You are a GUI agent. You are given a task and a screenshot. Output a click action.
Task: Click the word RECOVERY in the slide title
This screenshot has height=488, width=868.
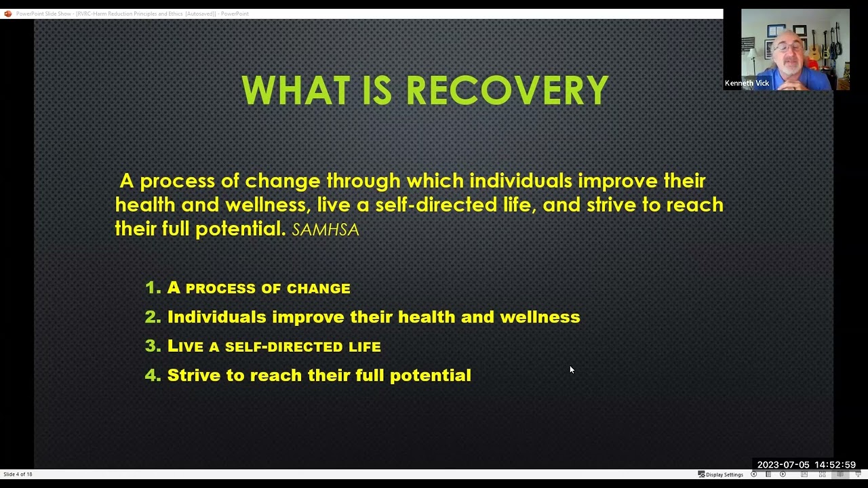pos(507,91)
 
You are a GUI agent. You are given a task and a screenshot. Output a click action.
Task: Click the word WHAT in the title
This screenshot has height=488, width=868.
pos(296,91)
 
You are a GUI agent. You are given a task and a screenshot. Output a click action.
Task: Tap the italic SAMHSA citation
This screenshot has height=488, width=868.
pos(325,230)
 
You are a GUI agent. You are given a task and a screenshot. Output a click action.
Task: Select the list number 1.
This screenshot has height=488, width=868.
pos(152,287)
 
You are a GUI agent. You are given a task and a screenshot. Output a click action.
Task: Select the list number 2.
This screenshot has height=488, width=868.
pos(152,317)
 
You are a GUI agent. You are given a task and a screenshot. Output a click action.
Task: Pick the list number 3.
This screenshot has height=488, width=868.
pos(152,346)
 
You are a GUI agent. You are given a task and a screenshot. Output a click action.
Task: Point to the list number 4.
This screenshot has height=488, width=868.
pos(152,375)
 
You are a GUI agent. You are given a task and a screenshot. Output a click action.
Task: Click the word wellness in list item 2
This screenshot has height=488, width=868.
pos(540,317)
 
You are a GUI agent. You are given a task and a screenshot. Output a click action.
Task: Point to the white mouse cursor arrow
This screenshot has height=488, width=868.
pos(572,369)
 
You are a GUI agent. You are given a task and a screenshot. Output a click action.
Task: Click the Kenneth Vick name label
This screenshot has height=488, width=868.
pos(747,83)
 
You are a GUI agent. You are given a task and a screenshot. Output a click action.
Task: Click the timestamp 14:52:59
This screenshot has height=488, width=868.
pos(835,465)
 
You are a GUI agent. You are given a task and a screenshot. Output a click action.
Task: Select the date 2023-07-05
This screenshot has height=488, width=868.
pos(783,465)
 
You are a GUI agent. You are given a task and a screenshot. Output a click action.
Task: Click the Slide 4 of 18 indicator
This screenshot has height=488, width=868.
pos(18,474)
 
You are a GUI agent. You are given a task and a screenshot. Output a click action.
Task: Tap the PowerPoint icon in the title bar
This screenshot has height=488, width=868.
pos(7,14)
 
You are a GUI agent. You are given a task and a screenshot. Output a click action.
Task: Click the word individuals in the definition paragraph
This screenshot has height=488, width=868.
pos(521,181)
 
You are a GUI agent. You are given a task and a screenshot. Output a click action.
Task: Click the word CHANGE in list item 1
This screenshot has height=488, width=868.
pos(318,288)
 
